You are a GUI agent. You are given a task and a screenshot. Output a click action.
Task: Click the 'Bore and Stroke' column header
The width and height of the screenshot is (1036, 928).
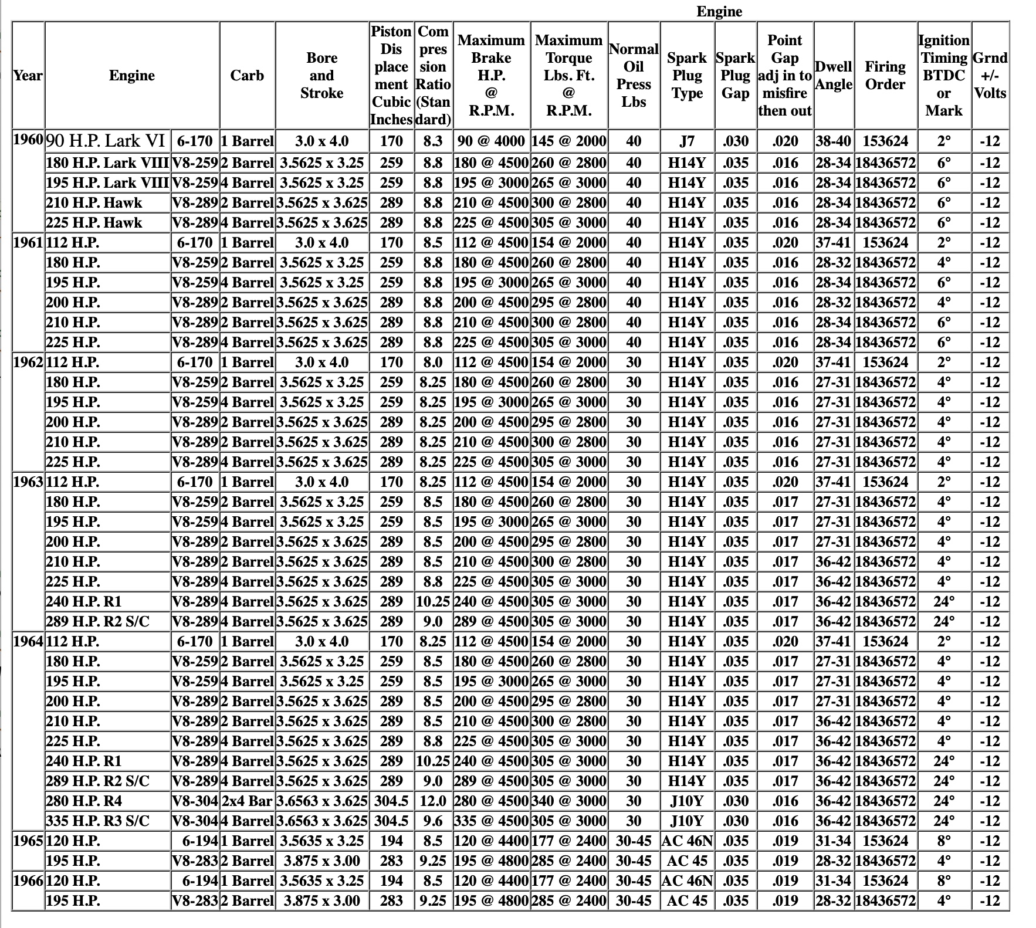(x=321, y=76)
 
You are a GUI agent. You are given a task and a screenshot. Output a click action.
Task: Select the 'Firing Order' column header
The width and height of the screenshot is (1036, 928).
(x=885, y=76)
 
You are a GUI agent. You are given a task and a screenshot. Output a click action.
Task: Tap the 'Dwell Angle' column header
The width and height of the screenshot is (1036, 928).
(x=834, y=76)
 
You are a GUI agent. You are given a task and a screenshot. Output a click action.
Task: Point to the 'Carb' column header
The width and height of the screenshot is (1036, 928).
(x=247, y=76)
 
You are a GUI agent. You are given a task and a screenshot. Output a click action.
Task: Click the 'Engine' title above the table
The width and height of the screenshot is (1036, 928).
(x=719, y=12)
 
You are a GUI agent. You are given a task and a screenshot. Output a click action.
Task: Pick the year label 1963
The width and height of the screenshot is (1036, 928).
(x=28, y=482)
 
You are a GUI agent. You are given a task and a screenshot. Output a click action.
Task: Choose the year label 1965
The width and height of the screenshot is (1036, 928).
(x=28, y=841)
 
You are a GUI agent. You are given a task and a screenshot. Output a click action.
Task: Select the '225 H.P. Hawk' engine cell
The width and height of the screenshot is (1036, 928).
(x=94, y=223)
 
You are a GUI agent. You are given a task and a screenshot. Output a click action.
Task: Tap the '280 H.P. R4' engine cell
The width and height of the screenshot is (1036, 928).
(x=84, y=801)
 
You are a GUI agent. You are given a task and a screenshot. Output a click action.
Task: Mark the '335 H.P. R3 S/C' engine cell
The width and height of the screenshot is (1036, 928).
(x=97, y=821)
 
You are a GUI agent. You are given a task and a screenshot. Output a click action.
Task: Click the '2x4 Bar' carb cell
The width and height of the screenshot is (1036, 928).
(x=247, y=801)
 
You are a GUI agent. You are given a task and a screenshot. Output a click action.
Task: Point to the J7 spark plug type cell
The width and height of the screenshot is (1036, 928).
(x=687, y=141)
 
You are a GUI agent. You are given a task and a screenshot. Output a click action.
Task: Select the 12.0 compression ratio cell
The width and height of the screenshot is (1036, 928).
(x=433, y=801)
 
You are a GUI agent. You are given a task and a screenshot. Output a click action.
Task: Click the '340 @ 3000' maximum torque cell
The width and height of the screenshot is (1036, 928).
(x=568, y=801)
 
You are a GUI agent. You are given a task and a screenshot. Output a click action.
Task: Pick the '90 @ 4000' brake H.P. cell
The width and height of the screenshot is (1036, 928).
(x=492, y=141)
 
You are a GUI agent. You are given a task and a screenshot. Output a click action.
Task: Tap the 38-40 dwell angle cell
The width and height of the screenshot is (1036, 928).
(x=834, y=141)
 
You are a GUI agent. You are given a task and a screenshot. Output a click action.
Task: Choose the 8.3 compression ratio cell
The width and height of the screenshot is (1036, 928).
(x=433, y=141)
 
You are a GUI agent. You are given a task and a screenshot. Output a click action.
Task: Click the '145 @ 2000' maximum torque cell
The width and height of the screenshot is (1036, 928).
(x=568, y=141)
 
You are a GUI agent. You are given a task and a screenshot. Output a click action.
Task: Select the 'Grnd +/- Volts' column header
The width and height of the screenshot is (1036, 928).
(x=990, y=76)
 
